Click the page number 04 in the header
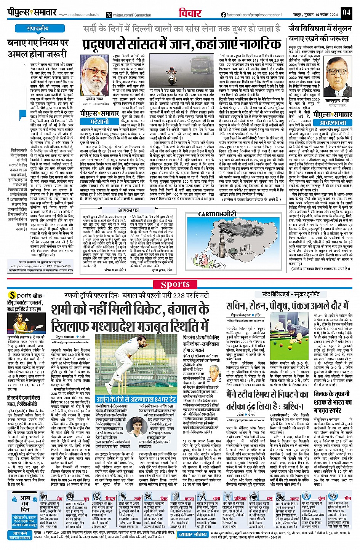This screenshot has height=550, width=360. [346, 12]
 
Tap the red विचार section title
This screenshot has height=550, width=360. [190, 13]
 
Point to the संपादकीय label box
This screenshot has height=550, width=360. [38, 29]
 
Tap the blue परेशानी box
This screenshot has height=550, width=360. [99, 122]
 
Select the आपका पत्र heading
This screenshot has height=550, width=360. [128, 210]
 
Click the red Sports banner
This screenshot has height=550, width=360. [175, 284]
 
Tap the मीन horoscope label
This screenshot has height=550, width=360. [347, 498]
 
